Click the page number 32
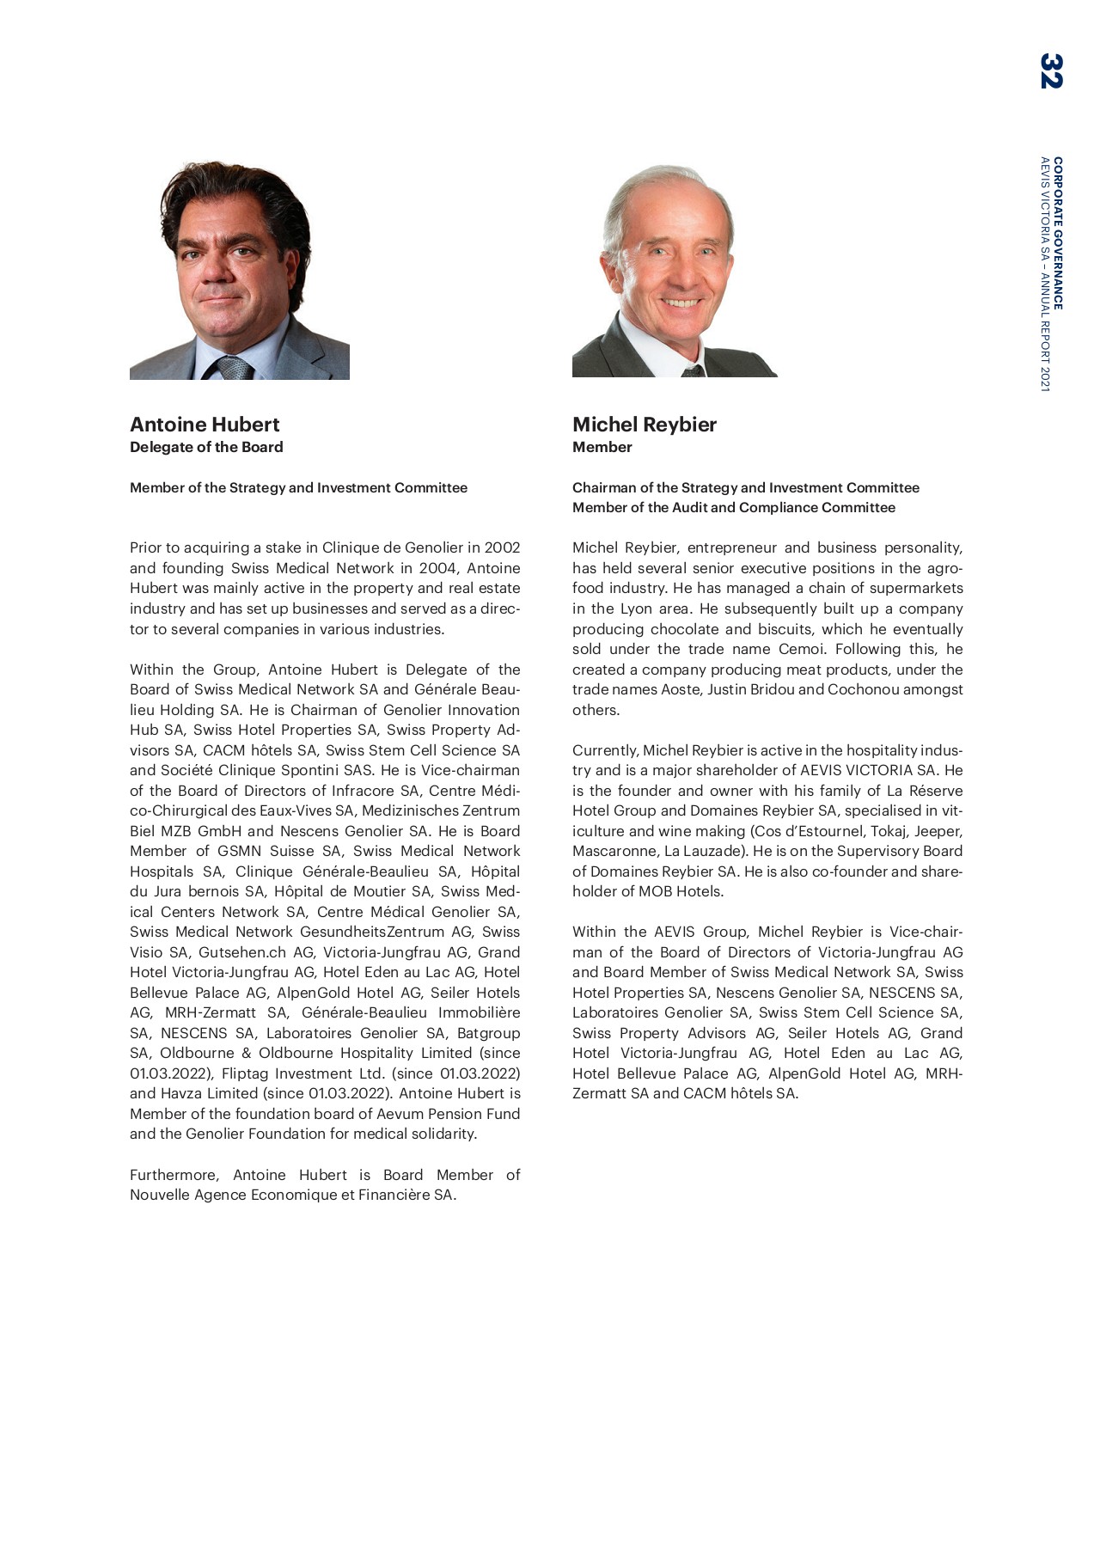click(x=1050, y=70)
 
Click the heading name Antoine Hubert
click(x=205, y=425)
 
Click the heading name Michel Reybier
click(x=644, y=425)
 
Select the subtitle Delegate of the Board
click(x=206, y=447)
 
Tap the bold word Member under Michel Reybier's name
click(x=602, y=447)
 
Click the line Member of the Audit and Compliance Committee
click(x=733, y=508)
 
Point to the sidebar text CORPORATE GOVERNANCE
click(x=1058, y=233)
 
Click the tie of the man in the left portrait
click(x=235, y=368)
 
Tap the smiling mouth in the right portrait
click(x=681, y=303)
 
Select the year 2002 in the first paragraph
click(x=502, y=548)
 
